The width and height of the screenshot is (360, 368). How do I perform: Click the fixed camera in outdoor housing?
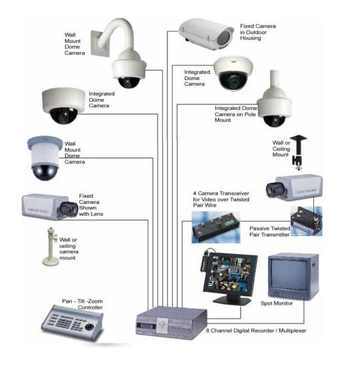pyautogui.click(x=206, y=34)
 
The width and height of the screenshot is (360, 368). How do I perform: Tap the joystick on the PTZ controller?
pyautogui.click(x=89, y=327)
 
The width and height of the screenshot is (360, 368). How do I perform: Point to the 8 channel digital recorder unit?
pyautogui.click(x=171, y=323)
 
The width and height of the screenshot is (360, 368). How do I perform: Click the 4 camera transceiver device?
pyautogui.click(x=216, y=227)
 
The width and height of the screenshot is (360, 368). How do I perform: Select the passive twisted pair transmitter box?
pyautogui.click(x=306, y=221)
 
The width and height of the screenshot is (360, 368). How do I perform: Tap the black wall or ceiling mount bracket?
pyautogui.click(x=298, y=152)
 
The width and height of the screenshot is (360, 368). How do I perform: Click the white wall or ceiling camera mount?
pyautogui.click(x=51, y=247)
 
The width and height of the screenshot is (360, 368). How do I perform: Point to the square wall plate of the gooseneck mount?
pyautogui.click(x=100, y=43)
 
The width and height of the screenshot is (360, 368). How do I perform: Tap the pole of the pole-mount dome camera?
pyautogui.click(x=275, y=80)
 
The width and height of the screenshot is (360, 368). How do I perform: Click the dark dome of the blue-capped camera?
pyautogui.click(x=45, y=172)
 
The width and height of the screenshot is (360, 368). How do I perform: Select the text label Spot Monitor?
pyautogui.click(x=277, y=303)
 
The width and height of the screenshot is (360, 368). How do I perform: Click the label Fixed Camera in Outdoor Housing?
pyautogui.click(x=258, y=32)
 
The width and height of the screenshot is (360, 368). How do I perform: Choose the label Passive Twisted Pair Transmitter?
pyautogui.click(x=269, y=231)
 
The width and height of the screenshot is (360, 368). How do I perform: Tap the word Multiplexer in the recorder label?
pyautogui.click(x=293, y=331)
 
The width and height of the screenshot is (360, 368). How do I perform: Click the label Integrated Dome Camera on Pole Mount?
pyautogui.click(x=235, y=114)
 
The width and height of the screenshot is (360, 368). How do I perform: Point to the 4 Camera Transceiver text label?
pyautogui.click(x=221, y=199)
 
